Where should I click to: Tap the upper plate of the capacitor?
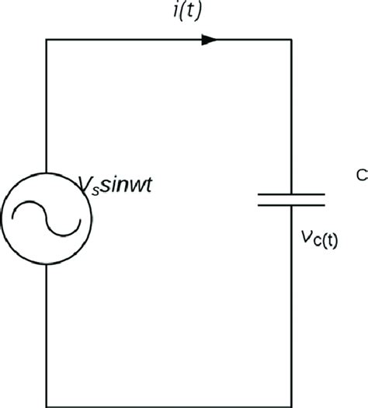[x=291, y=193]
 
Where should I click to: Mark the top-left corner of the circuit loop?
[x=47, y=40]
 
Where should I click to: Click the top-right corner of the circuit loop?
[x=291, y=40]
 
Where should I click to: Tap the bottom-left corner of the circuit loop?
[x=47, y=405]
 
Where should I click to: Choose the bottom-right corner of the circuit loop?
[x=291, y=405]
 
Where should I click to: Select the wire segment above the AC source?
[x=47, y=109]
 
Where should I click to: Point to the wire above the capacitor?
[x=291, y=117]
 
